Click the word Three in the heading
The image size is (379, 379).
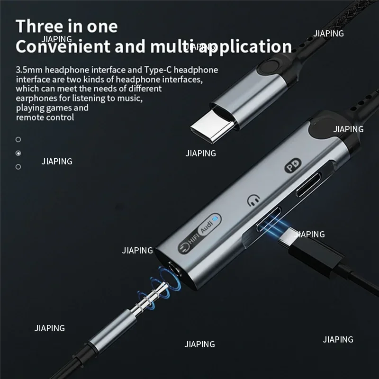pos(41,26)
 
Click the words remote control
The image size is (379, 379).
pos(45,117)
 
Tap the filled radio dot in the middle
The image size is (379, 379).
pos(18,153)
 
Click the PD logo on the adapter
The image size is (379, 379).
pos(290,167)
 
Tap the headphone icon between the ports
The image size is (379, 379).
pos(253,199)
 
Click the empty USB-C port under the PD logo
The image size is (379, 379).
pos(308,186)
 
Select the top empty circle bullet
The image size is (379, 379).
pos(18,139)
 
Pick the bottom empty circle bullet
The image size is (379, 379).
pos(18,167)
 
